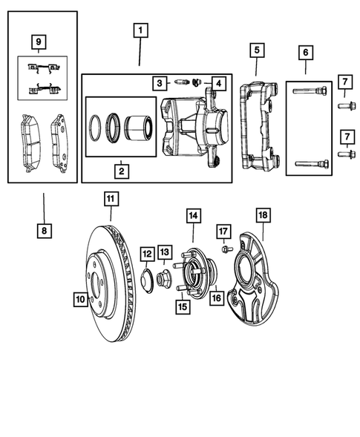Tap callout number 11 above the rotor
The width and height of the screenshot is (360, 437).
(x=110, y=199)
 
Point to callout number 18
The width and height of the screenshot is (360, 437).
(x=262, y=216)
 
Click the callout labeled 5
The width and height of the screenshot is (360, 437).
(x=256, y=50)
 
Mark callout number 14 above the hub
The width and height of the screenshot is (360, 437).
(x=193, y=216)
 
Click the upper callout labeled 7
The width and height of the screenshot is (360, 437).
(x=344, y=81)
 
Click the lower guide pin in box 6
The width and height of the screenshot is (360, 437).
(x=307, y=164)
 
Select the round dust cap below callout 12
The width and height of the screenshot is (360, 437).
(x=147, y=281)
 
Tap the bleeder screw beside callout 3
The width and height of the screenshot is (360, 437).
(x=181, y=82)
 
